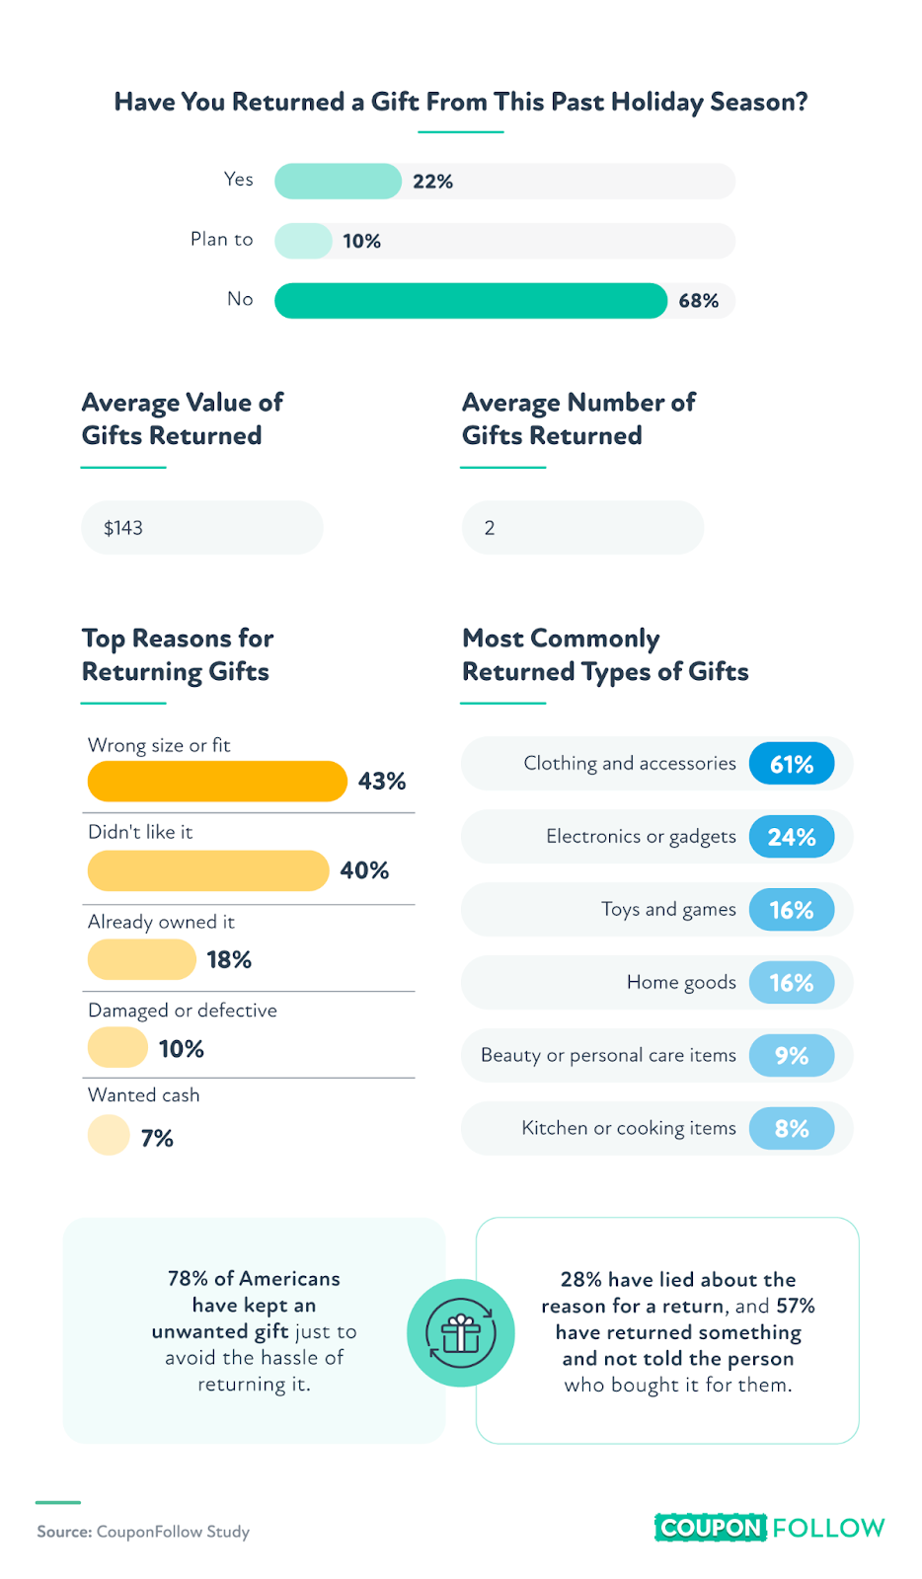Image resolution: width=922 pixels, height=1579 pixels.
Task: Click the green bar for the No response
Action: click(470, 301)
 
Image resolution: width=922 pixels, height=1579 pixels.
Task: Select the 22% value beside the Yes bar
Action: click(432, 182)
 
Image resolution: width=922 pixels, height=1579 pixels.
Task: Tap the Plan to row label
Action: click(221, 240)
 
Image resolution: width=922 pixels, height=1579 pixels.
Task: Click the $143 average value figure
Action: click(123, 528)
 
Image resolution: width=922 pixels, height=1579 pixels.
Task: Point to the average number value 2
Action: click(490, 528)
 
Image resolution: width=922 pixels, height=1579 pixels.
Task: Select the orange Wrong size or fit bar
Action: click(217, 782)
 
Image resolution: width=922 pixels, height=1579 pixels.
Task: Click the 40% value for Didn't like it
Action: click(364, 870)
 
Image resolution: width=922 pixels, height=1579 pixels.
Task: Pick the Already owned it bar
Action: click(142, 959)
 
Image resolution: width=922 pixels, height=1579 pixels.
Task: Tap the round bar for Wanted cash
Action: click(109, 1135)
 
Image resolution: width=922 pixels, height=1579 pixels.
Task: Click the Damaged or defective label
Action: click(183, 1011)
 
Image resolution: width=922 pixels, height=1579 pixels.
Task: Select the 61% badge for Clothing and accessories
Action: click(792, 764)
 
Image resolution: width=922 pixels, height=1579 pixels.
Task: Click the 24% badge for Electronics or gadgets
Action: click(792, 837)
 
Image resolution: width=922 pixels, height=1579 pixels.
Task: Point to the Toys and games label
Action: click(668, 909)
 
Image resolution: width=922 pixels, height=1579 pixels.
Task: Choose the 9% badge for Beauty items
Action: click(792, 1056)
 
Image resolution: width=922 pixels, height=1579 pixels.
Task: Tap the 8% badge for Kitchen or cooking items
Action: click(792, 1129)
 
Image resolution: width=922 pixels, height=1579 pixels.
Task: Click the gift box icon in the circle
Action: click(461, 1333)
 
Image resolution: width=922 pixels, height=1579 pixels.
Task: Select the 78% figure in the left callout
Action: click(188, 1279)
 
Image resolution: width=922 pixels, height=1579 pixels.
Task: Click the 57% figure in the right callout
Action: click(796, 1306)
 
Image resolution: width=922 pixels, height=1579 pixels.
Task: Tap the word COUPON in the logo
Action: click(711, 1528)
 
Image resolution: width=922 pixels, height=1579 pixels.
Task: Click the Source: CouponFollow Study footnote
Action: click(143, 1532)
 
